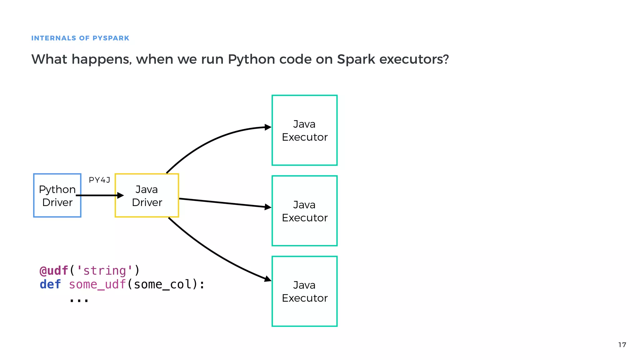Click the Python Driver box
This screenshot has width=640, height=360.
point(57,196)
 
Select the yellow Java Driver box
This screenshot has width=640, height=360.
point(147,196)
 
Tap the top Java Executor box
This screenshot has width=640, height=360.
point(305,130)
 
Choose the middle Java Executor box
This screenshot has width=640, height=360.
point(305,211)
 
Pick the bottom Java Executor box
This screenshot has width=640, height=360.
point(305,291)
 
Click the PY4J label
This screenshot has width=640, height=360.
point(99,180)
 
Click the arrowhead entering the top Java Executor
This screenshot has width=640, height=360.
point(268,127)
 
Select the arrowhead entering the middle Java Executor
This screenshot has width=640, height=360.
point(268,207)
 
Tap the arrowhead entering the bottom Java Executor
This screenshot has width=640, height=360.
point(267,279)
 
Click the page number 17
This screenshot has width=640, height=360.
point(622,345)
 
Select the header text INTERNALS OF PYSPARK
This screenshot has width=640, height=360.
point(80,38)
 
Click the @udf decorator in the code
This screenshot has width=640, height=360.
point(54,271)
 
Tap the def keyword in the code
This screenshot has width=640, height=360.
point(50,284)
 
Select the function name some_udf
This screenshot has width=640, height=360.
point(97,284)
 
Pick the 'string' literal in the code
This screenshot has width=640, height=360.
point(105,271)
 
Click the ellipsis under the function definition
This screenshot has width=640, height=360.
point(79,300)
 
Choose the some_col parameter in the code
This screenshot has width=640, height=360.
point(162,284)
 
